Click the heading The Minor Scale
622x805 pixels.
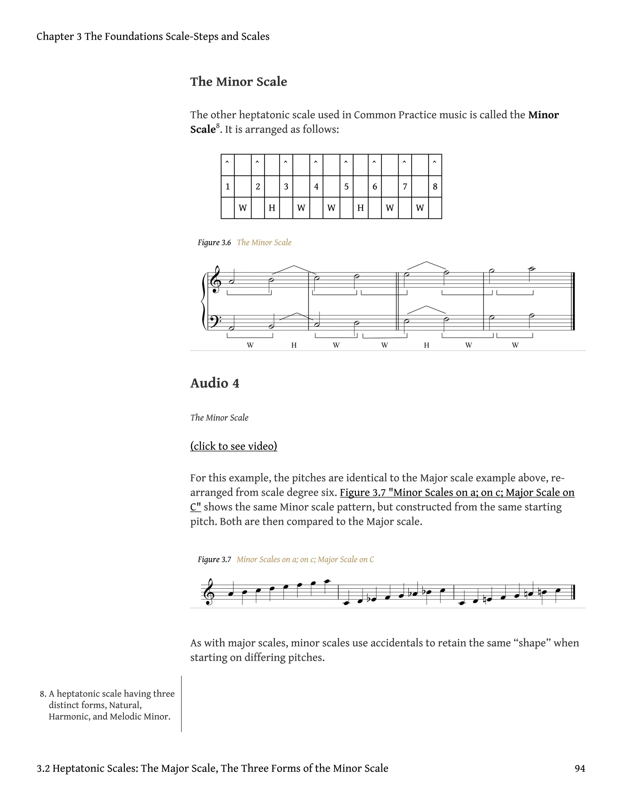pyautogui.click(x=238, y=82)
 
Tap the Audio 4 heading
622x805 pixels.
pyautogui.click(x=214, y=383)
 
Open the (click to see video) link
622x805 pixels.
pyautogui.click(x=234, y=446)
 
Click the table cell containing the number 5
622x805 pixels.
pyautogui.click(x=346, y=187)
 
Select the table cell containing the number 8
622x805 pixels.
pyautogui.click(x=435, y=187)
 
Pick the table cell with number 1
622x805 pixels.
pyautogui.click(x=228, y=187)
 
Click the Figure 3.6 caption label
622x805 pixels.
pyautogui.click(x=214, y=242)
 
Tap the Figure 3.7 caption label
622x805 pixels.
pyautogui.click(x=214, y=560)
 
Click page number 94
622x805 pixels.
pyautogui.click(x=579, y=769)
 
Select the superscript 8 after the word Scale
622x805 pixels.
pyautogui.click(x=218, y=126)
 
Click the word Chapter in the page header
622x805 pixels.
pyautogui.click(x=55, y=36)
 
